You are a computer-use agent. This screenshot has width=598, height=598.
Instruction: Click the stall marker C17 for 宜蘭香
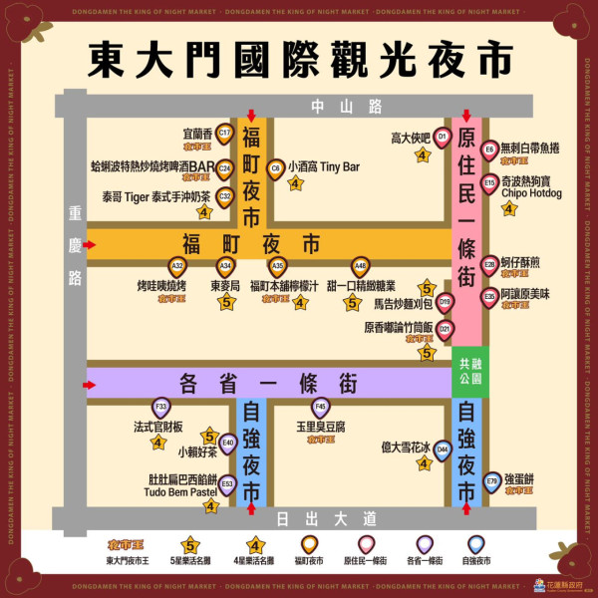click(x=224, y=134)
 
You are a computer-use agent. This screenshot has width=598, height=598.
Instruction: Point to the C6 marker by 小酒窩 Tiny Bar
click(x=275, y=168)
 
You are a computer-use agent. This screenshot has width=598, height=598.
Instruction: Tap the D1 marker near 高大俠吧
click(x=443, y=138)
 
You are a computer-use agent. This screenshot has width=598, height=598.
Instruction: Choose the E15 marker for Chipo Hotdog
click(x=489, y=183)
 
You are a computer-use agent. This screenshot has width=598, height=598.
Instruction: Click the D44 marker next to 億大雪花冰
click(x=443, y=449)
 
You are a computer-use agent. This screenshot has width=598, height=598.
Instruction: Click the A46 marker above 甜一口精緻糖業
click(x=360, y=266)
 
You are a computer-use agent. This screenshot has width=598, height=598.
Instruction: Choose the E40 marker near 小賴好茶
click(x=227, y=443)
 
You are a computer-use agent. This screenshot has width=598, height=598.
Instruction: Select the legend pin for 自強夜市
click(x=476, y=544)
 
